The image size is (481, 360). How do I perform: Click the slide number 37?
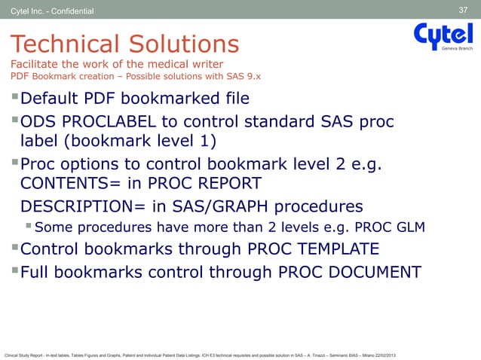[464, 9]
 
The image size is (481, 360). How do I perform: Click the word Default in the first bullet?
[51, 99]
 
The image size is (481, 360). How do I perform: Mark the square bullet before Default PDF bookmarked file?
[14, 99]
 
